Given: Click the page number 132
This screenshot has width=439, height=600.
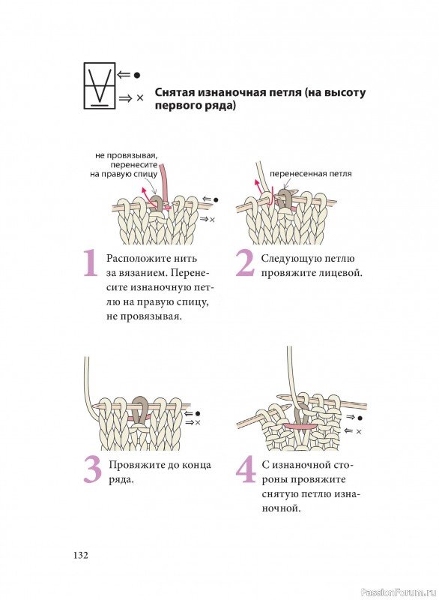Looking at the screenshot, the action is click(x=81, y=555).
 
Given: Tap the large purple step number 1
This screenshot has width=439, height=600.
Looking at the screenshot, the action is click(x=90, y=262).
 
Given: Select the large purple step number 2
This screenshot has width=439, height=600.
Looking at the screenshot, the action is click(x=244, y=262).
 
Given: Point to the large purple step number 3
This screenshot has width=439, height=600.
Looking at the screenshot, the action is click(x=92, y=469).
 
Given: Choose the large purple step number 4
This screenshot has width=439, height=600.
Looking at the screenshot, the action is click(x=246, y=469).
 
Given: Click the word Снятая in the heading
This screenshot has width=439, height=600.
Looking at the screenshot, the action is click(x=175, y=92).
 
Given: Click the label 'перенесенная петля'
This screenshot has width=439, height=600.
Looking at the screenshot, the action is click(x=310, y=174).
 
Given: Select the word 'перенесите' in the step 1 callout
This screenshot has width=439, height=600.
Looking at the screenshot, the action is click(x=134, y=165).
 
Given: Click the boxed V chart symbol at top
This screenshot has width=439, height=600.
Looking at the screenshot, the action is click(x=100, y=85).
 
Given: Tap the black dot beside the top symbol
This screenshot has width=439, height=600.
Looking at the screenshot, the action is click(x=136, y=76).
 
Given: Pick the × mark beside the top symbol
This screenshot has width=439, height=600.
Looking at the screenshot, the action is click(x=140, y=98).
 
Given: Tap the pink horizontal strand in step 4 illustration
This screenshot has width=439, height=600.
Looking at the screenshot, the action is click(x=300, y=425).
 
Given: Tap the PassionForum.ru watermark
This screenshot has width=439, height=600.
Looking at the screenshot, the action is click(x=399, y=592).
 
